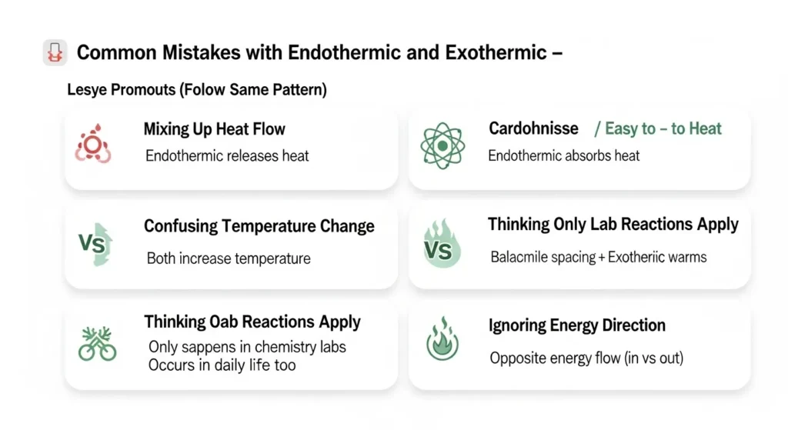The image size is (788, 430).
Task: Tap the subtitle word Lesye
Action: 87,90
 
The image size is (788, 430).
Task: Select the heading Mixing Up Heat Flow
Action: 215,129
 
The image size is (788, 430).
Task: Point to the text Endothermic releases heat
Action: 227,156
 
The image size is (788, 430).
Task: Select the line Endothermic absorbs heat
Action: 564,156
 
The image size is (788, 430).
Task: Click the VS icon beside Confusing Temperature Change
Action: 95,245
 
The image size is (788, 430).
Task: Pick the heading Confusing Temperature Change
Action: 259,227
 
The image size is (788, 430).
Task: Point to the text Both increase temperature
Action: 229,258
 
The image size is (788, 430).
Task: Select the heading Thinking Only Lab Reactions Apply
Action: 613,225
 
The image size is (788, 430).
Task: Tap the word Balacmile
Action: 523,257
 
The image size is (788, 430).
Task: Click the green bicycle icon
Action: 97,344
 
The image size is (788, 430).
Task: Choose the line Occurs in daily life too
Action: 222,365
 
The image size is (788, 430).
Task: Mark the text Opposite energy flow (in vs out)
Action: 586,358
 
